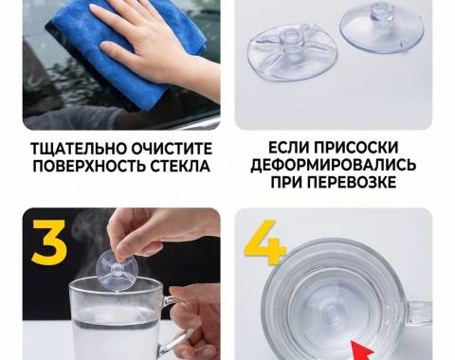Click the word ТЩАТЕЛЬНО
point(79,149)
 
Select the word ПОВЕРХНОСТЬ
point(89,166)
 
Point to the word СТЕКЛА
point(180,166)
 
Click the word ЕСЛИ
point(289,148)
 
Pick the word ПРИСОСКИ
point(356,148)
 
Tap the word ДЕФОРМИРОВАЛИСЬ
point(334,165)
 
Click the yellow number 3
point(49,243)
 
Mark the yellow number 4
point(264,243)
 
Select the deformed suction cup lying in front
point(292,52)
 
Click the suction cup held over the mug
point(116,270)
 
